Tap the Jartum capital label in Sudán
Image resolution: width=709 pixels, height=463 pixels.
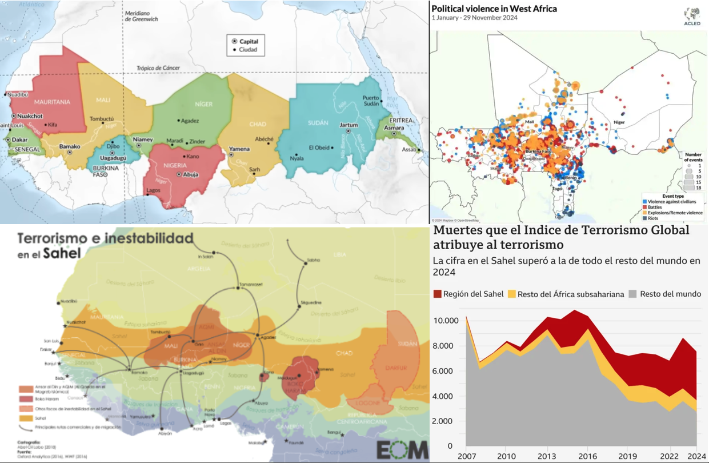[349, 125]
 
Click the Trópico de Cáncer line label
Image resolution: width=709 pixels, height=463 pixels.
[158, 68]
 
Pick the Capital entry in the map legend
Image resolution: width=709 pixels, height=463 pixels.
[248, 41]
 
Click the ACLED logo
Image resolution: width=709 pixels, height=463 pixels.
[692, 17]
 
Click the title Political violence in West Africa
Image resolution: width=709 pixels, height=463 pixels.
[494, 9]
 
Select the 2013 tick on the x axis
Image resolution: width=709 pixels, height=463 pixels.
[547, 456]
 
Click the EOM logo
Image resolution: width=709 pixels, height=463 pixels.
[402, 450]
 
